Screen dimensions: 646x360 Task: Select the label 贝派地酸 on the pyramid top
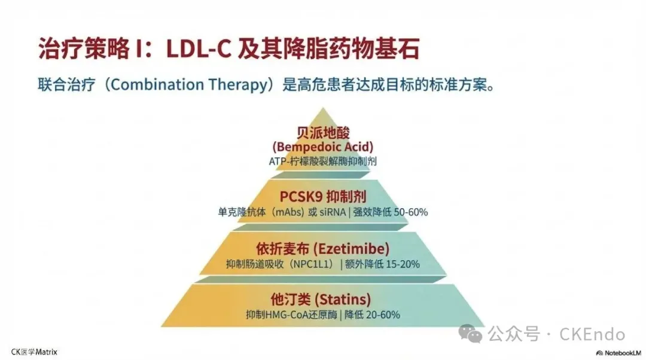click(323, 133)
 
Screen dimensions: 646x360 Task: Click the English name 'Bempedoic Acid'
click(323, 147)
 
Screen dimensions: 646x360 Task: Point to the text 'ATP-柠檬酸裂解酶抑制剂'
click(323, 161)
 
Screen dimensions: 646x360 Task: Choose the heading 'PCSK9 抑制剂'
click(323, 196)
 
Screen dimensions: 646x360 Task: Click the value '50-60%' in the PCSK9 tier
click(410, 212)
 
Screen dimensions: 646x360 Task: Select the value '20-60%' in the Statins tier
click(382, 315)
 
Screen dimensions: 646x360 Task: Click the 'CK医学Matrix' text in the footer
click(34, 352)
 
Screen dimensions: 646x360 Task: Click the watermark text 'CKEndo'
click(592, 334)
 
